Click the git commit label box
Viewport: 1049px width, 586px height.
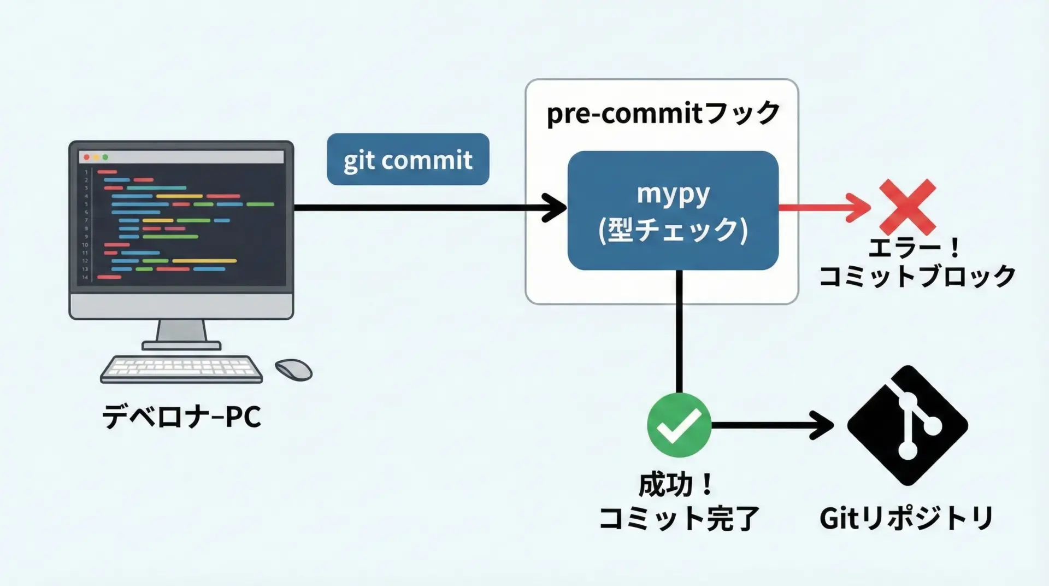408,159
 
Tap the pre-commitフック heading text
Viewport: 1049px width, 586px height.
663,114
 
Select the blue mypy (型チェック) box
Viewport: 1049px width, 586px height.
673,210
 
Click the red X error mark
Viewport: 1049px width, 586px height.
907,207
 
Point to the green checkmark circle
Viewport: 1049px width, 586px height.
679,425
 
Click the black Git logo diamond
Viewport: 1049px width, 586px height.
907,425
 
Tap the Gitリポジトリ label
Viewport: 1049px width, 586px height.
906,518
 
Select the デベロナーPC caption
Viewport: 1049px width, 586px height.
182,417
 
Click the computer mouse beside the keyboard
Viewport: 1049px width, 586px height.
293,370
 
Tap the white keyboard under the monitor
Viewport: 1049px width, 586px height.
181,369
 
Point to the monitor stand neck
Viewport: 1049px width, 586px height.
181,331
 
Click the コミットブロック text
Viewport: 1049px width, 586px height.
917,276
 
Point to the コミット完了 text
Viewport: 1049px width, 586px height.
679,518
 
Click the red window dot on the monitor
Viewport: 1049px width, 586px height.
86,157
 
